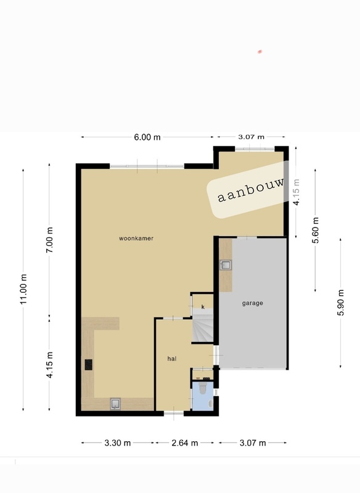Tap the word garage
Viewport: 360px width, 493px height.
pyautogui.click(x=253, y=303)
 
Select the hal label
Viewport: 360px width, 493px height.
pyautogui.click(x=172, y=358)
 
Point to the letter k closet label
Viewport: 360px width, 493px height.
pyautogui.click(x=202, y=306)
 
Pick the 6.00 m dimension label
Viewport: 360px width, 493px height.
pyautogui.click(x=147, y=137)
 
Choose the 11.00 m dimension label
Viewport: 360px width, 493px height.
pyautogui.click(x=24, y=289)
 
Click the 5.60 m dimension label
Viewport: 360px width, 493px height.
pyautogui.click(x=316, y=230)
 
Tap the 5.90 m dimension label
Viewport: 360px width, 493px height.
pyautogui.click(x=340, y=303)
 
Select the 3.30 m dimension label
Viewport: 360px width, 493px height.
pyautogui.click(x=117, y=442)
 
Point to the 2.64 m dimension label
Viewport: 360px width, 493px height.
pyautogui.click(x=185, y=442)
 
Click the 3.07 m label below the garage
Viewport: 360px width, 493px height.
pyautogui.click(x=253, y=442)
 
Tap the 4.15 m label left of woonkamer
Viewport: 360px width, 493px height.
pyautogui.click(x=50, y=365)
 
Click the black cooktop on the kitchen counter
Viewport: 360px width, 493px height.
pyautogui.click(x=89, y=364)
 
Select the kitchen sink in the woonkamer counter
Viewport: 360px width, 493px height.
pyautogui.click(x=115, y=404)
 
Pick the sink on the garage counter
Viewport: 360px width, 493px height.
pyautogui.click(x=226, y=266)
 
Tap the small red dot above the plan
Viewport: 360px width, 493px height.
pyautogui.click(x=260, y=52)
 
